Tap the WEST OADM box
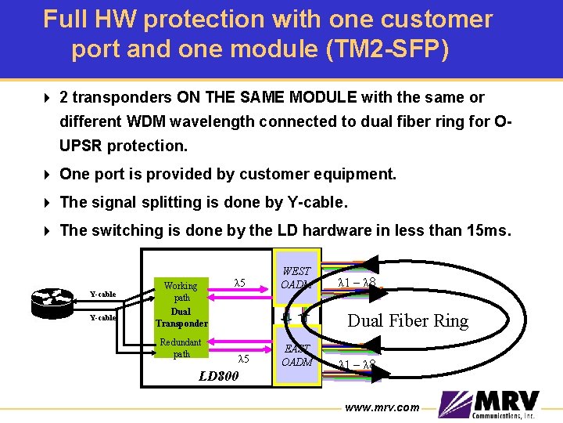[x=296, y=278]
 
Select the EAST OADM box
[x=296, y=355]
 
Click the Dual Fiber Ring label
[x=407, y=320]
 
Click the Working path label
[x=181, y=291]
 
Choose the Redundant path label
[x=181, y=348]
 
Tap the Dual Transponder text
[x=181, y=317]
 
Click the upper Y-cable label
[x=102, y=295]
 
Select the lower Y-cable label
[x=102, y=318]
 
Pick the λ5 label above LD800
[x=242, y=359]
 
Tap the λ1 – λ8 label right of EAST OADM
[x=357, y=365]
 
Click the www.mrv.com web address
[x=382, y=407]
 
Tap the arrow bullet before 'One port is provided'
[x=48, y=174]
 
